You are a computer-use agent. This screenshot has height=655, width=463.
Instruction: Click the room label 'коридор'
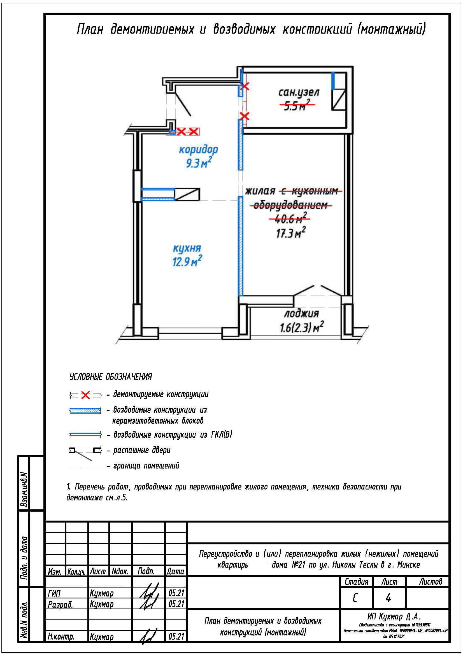(x=198, y=150)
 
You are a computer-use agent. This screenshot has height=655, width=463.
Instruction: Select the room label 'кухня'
(x=187, y=248)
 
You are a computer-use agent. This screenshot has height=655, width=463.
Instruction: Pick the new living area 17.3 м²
(x=290, y=233)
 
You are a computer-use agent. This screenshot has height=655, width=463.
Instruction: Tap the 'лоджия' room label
(x=301, y=314)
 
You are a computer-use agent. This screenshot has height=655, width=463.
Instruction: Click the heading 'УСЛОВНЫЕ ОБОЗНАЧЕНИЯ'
(x=111, y=377)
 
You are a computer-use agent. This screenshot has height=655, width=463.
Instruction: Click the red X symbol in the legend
(x=85, y=395)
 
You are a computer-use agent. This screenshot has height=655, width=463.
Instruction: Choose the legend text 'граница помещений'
(x=146, y=466)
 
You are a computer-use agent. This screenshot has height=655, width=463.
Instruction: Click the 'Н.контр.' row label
(x=61, y=637)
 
